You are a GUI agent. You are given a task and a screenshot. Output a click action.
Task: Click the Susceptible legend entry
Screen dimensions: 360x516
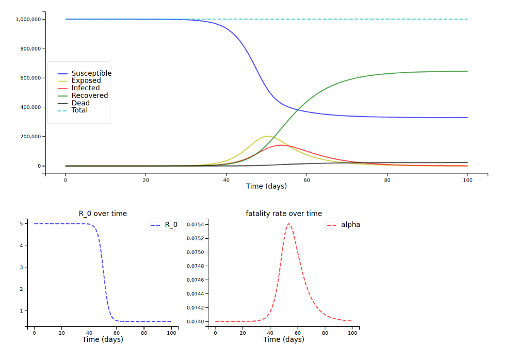[x=91, y=73]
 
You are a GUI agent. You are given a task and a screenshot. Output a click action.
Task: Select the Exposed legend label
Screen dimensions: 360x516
[x=86, y=80]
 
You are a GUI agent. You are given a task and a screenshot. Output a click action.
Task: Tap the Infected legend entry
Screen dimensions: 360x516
[x=86, y=88]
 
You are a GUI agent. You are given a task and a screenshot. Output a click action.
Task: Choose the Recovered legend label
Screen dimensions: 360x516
[x=90, y=95]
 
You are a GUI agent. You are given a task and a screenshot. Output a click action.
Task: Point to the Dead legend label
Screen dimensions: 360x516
[x=80, y=103]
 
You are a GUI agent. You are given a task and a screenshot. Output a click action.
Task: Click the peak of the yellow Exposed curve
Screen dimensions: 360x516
[x=267, y=136]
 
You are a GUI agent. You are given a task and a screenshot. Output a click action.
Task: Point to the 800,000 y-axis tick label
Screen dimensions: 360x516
[x=30, y=48]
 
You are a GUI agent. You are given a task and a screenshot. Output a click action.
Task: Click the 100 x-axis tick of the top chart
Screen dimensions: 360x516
[x=467, y=180]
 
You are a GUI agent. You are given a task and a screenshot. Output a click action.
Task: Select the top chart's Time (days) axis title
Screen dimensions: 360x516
[x=266, y=186]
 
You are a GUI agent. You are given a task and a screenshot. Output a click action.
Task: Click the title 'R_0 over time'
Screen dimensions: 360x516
[x=103, y=214]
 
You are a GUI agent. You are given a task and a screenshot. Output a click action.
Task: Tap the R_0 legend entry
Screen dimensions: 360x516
[x=171, y=225]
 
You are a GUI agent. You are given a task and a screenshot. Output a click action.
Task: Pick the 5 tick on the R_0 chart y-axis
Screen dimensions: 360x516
[x=22, y=224]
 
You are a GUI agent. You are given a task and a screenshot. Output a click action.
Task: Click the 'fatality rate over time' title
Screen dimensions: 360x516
[x=284, y=214]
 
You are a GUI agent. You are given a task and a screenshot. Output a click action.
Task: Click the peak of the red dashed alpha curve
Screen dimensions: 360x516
[x=288, y=223]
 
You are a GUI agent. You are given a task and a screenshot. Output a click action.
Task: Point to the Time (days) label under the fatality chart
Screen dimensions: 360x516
[x=283, y=339]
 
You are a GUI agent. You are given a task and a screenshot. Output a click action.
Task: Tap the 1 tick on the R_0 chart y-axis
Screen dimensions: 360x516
[x=22, y=310]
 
